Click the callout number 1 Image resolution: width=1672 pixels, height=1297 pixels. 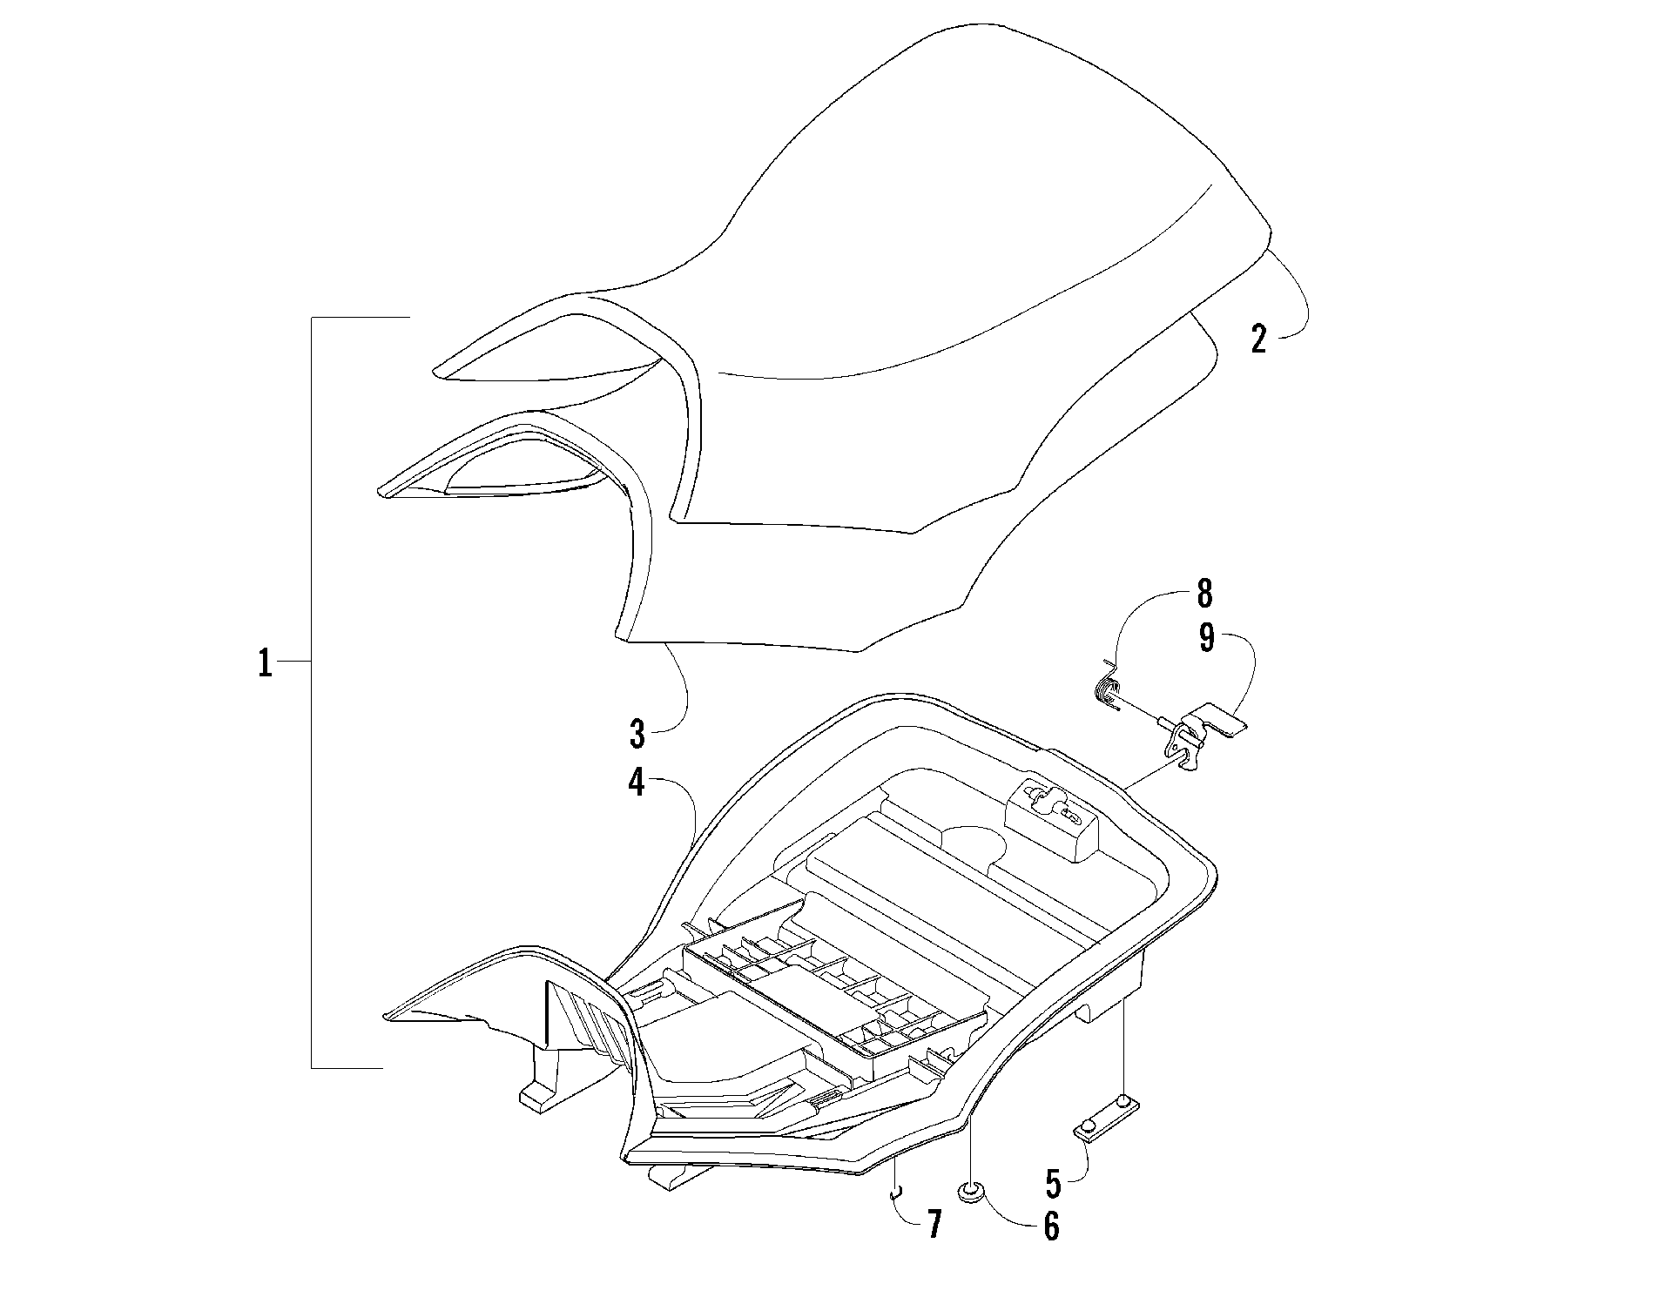coord(264,665)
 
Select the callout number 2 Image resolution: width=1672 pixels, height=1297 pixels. coord(1257,338)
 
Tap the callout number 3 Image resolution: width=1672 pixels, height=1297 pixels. coord(637,735)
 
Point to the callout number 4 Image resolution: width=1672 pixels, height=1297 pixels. coord(637,783)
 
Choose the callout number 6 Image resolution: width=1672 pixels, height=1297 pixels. coord(1051,1226)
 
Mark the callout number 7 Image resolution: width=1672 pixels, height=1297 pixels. coord(934,1225)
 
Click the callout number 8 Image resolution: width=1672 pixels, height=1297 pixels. coord(1203,594)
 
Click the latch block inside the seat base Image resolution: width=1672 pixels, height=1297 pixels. coord(1054,817)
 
